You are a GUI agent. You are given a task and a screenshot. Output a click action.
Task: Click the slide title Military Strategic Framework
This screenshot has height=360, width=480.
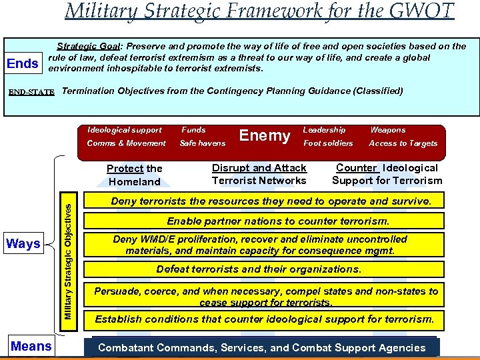click(x=259, y=11)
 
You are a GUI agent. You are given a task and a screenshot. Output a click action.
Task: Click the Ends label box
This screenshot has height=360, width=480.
click(x=22, y=64)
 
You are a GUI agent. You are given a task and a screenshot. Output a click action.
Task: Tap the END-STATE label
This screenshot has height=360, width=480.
click(x=31, y=91)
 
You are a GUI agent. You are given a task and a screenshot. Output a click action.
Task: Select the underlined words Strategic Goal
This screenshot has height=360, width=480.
click(x=89, y=46)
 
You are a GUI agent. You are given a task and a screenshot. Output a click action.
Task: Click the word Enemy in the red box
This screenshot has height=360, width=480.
click(x=265, y=136)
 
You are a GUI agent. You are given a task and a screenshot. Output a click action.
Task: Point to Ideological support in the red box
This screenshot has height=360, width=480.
click(x=125, y=130)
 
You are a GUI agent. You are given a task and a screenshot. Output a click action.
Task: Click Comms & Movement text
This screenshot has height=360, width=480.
click(x=126, y=143)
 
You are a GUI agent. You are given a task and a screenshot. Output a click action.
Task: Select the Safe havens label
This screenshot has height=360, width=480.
click(x=203, y=143)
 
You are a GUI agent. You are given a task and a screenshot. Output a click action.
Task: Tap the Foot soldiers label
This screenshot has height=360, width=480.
click(x=329, y=143)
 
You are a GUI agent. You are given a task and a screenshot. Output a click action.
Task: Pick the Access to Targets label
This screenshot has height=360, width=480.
click(x=403, y=143)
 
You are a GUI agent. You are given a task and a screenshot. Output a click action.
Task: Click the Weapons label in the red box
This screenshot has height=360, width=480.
click(x=387, y=130)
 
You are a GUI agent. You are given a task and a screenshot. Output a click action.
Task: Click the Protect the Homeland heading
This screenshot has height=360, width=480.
click(x=135, y=175)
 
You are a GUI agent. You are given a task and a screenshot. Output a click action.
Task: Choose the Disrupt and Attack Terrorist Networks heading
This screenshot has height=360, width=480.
click(x=259, y=174)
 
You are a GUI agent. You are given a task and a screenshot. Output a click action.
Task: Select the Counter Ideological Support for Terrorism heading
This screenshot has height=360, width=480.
click(x=387, y=174)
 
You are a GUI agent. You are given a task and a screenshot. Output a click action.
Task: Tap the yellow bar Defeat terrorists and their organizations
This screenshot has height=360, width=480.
click(x=269, y=269)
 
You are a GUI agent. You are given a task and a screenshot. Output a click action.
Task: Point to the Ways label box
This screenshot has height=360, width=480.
click(x=23, y=244)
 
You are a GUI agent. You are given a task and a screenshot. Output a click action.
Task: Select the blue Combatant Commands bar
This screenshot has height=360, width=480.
click(x=262, y=347)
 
